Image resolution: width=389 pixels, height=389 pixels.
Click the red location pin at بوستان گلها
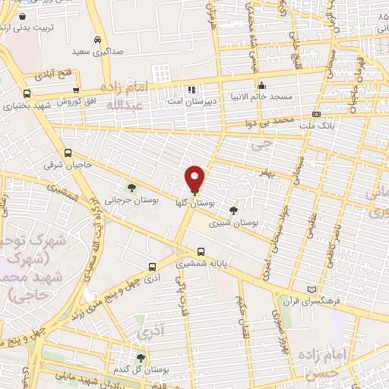195,179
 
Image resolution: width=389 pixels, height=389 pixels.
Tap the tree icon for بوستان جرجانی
132,187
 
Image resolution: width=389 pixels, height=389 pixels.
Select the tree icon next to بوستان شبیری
232,210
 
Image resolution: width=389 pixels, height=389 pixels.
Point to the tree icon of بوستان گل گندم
140,356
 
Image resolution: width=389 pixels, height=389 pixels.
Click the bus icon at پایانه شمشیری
201,251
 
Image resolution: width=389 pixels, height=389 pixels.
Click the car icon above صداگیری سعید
97,40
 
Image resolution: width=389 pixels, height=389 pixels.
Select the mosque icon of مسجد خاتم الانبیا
262,84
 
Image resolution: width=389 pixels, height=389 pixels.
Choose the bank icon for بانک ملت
316,114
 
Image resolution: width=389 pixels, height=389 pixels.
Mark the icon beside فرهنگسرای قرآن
311,289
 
